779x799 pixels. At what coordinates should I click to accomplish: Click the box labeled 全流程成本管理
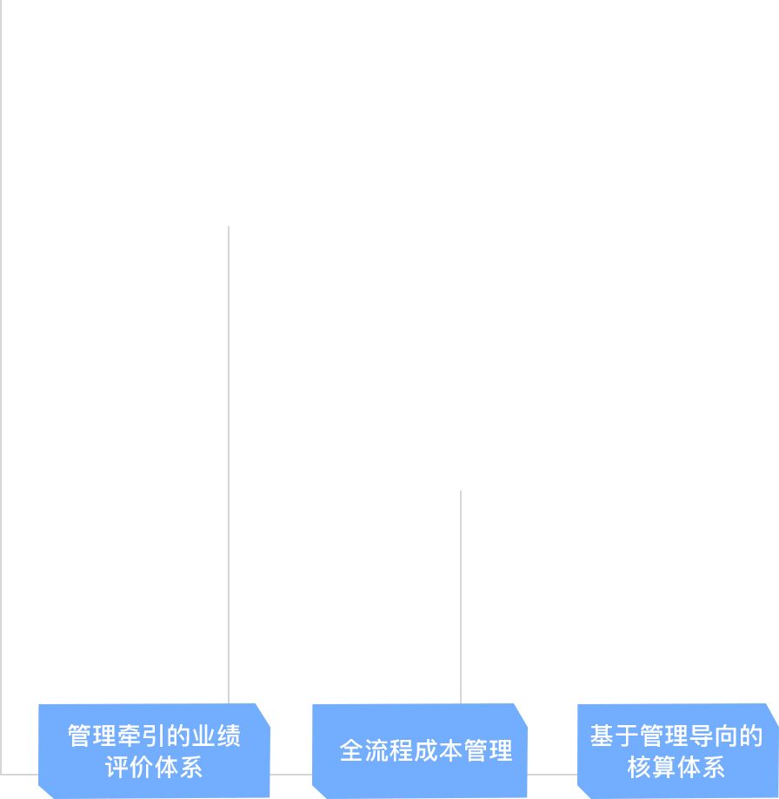[419, 751]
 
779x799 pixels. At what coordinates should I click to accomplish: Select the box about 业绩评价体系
[154, 751]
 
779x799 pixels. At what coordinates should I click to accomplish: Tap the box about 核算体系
[677, 751]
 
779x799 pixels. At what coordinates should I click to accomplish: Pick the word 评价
[130, 767]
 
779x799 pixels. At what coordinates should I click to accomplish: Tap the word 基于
[615, 736]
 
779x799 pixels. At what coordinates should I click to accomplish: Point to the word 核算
[651, 767]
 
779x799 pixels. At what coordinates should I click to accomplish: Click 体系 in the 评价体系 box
[178, 767]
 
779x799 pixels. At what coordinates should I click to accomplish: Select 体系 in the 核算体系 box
[701, 767]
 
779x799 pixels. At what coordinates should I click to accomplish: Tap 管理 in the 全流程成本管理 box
[488, 751]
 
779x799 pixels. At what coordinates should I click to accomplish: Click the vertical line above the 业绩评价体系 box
[229, 465]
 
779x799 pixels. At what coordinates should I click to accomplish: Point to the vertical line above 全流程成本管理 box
[461, 597]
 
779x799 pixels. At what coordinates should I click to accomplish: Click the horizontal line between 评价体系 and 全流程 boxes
[291, 775]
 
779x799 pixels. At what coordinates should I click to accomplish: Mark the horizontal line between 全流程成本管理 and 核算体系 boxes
[552, 775]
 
